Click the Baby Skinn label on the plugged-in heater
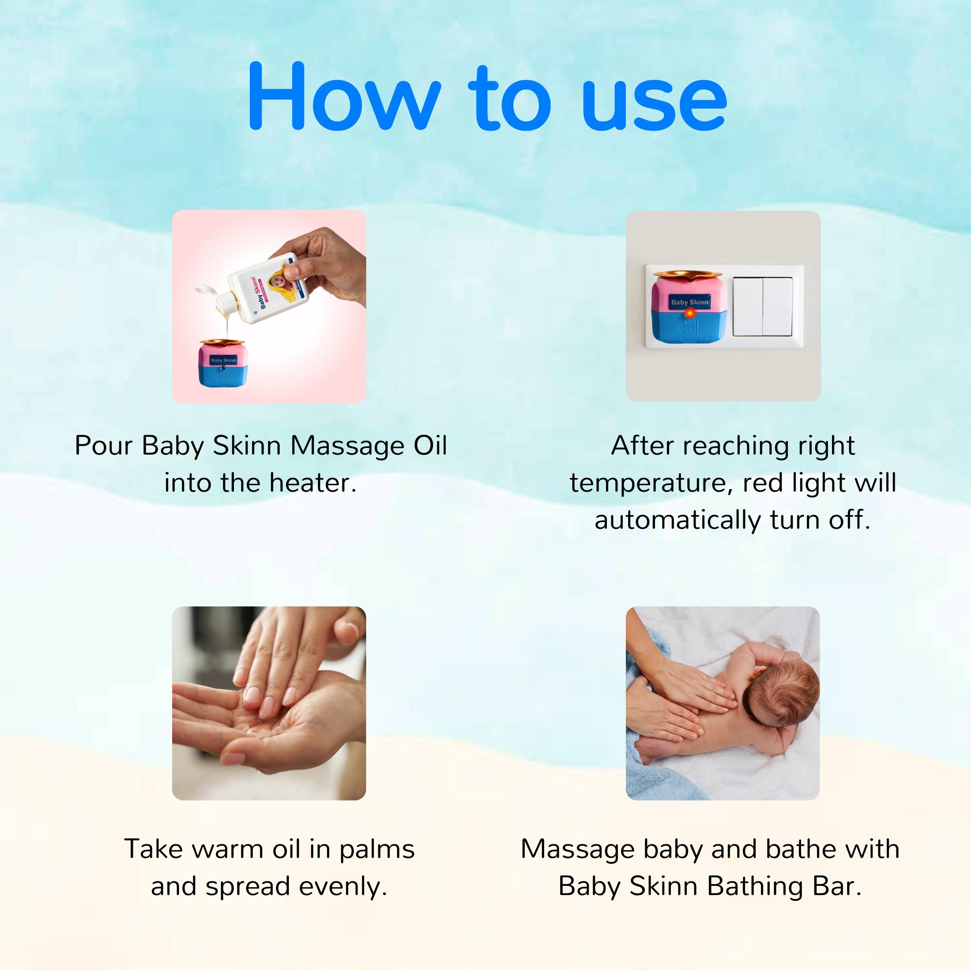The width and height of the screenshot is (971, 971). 689,302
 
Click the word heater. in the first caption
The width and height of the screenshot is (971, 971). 312,482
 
